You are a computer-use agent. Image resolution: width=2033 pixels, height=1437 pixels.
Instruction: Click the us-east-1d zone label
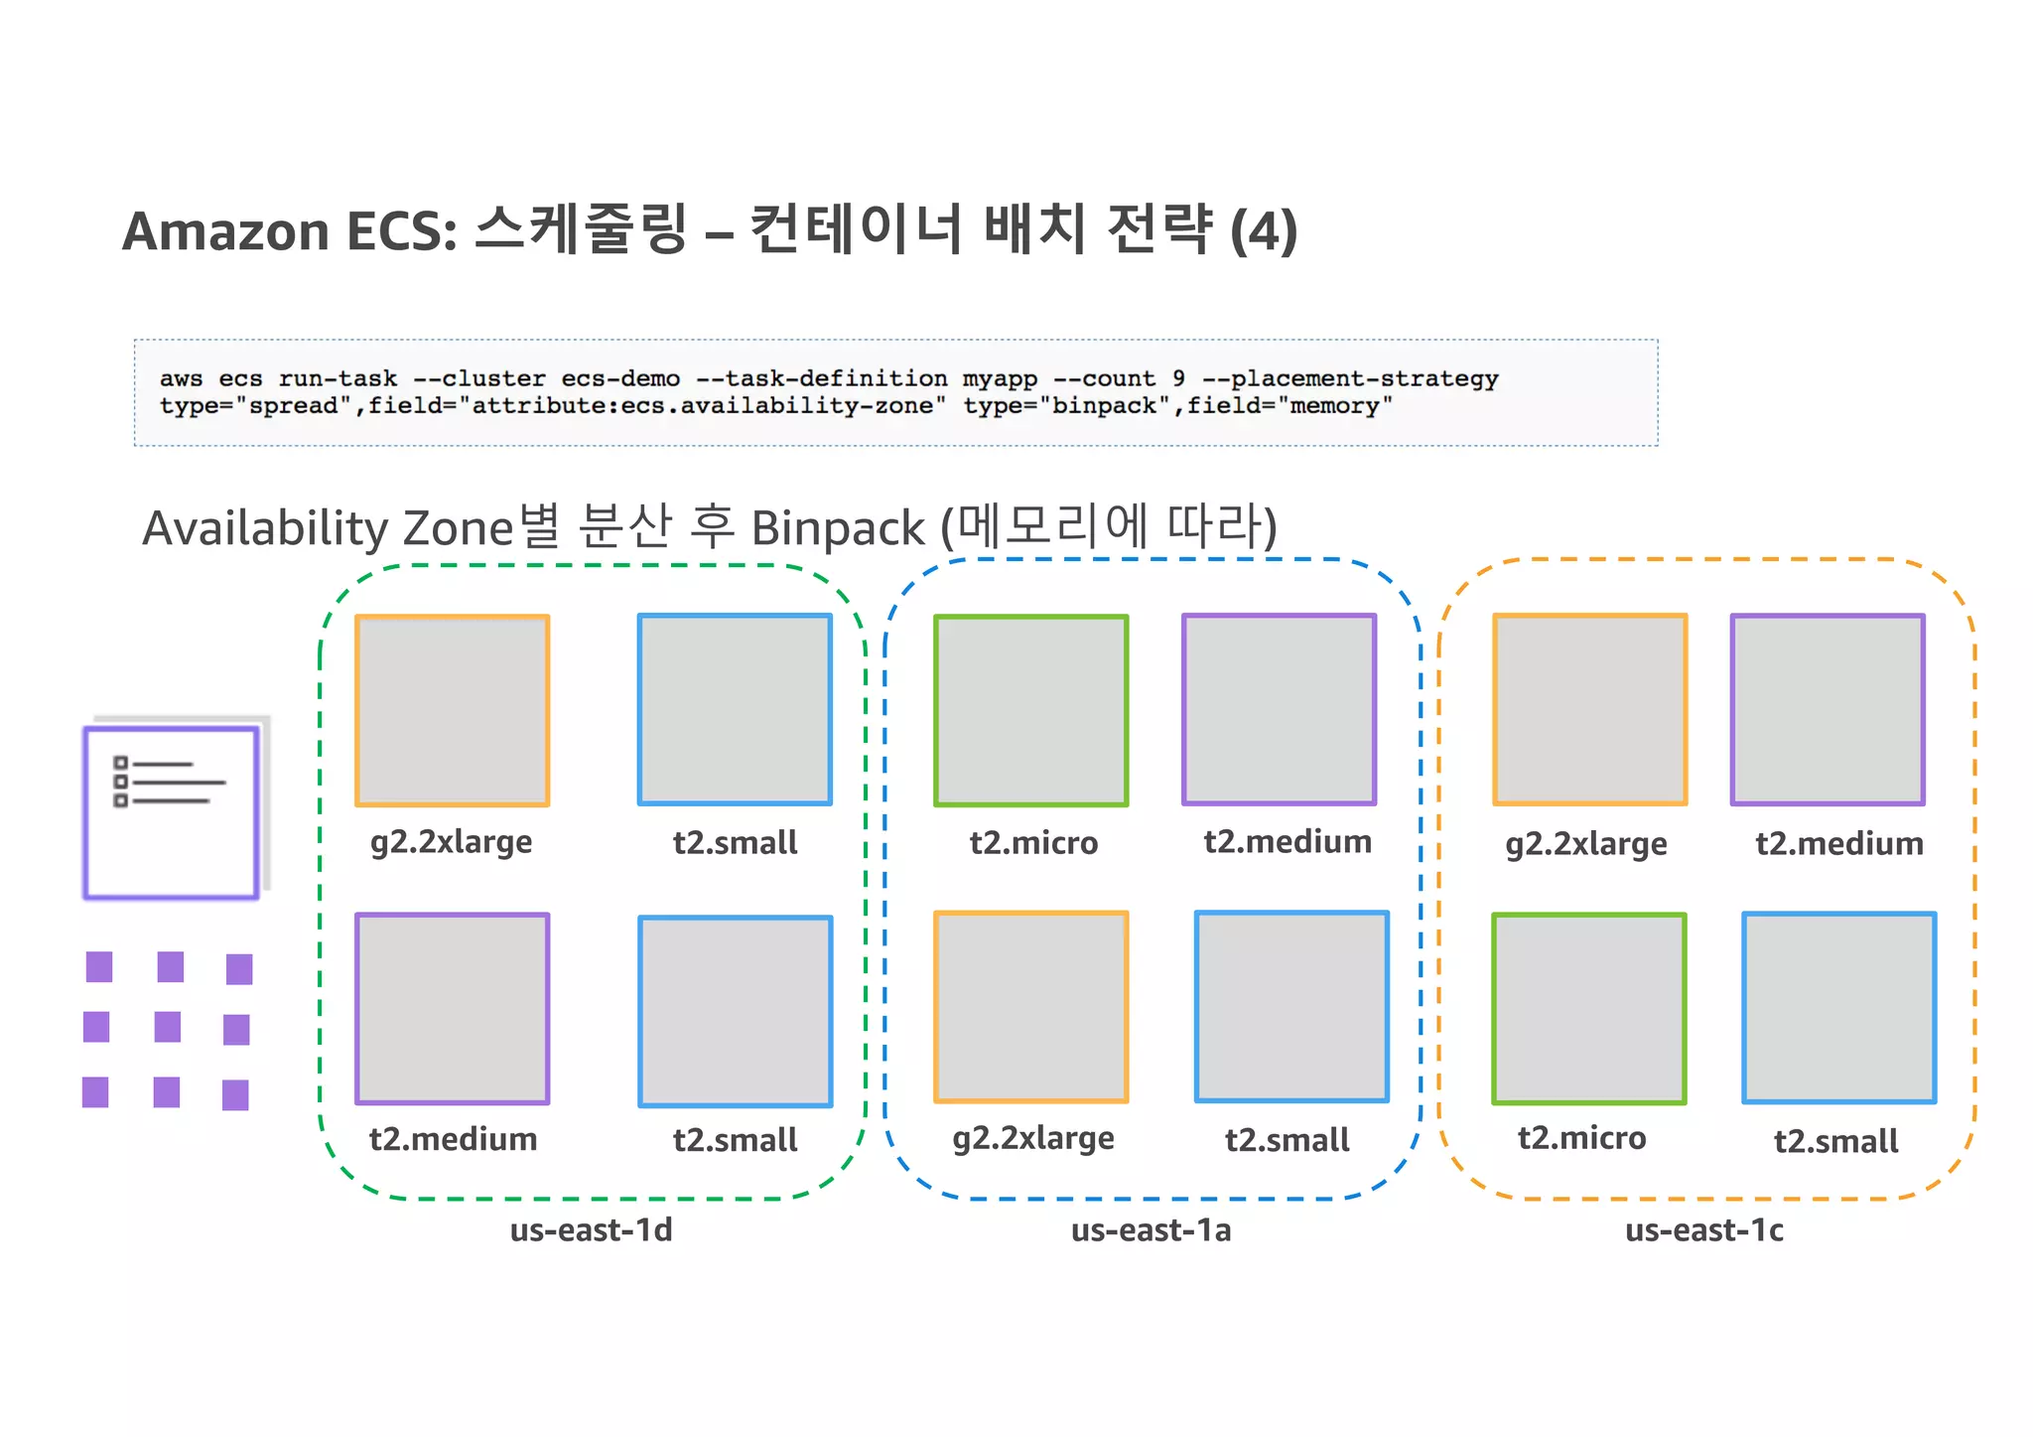[591, 1230]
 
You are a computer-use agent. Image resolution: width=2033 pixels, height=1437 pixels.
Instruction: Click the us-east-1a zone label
[1151, 1230]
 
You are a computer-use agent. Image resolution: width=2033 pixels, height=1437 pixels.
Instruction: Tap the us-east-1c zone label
[1703, 1230]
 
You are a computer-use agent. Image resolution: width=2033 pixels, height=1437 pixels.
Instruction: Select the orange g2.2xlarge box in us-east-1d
[452, 710]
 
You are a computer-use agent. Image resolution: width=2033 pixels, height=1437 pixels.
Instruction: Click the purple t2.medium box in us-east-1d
[452, 1008]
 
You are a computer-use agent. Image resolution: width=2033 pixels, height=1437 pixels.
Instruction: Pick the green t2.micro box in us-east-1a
[1030, 710]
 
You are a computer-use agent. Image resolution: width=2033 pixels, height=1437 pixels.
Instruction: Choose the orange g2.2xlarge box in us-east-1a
[1030, 1007]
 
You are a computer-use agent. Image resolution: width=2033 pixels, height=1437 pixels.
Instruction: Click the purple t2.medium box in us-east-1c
[1828, 709]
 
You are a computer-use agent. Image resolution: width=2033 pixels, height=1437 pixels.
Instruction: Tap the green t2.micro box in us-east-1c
[1588, 1008]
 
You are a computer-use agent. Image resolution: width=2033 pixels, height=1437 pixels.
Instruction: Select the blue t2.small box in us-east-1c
[1838, 1007]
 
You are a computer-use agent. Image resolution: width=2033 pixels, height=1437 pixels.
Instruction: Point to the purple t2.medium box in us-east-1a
[1279, 709]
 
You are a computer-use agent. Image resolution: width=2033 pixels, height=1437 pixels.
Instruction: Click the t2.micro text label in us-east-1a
[1033, 843]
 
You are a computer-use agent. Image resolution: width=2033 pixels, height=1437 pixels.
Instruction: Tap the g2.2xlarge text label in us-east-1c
[1585, 844]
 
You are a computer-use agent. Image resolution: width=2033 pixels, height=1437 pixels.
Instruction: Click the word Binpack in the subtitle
[837, 528]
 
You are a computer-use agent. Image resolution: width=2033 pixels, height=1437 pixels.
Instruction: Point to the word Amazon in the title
[225, 231]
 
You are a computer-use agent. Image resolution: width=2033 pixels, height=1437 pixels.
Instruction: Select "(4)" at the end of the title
[1263, 231]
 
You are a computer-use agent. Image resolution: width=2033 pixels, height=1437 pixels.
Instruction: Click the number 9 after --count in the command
[1178, 378]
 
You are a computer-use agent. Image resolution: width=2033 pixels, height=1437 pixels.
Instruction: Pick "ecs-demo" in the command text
[620, 378]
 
